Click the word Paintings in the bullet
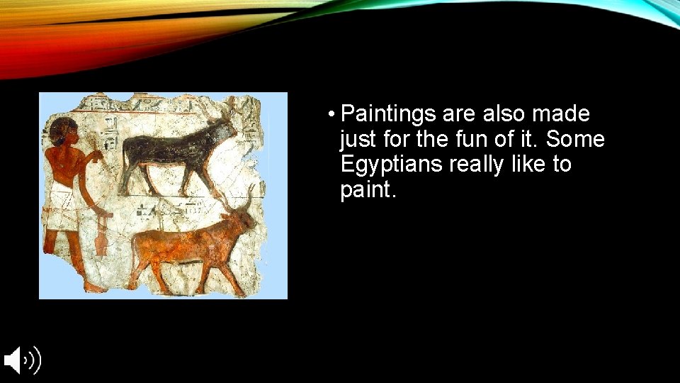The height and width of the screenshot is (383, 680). point(388,114)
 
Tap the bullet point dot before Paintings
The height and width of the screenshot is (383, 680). point(331,114)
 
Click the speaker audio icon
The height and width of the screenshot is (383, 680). point(22,360)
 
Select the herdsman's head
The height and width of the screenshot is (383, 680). point(63,132)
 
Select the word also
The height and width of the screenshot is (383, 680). point(505,114)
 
